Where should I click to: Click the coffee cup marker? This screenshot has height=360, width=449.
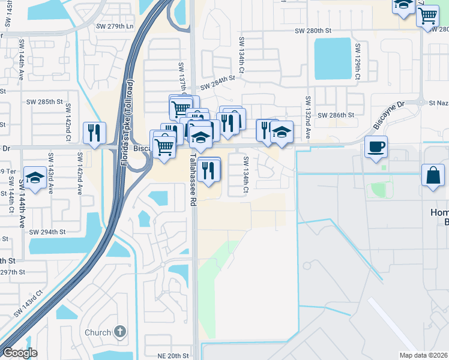click(x=376, y=147)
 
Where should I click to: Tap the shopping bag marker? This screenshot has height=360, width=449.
click(x=433, y=176)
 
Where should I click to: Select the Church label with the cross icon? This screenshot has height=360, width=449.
click(x=105, y=332)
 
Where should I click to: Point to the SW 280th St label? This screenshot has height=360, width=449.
click(x=313, y=30)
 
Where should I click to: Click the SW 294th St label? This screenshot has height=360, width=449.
click(x=46, y=232)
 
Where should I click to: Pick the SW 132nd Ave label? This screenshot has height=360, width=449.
click(x=307, y=117)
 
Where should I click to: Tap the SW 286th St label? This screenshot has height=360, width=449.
click(x=336, y=115)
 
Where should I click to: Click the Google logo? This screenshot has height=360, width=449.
click(x=20, y=353)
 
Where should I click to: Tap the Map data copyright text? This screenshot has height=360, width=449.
click(x=423, y=355)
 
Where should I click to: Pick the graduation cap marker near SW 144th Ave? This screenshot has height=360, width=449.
click(x=35, y=178)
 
